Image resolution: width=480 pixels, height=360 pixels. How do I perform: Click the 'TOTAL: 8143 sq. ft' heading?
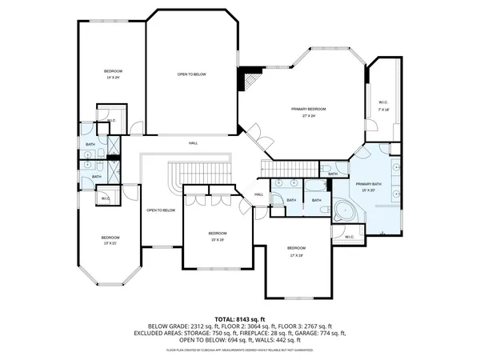coord(239,319)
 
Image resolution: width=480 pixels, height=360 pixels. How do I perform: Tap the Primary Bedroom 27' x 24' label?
coord(309,112)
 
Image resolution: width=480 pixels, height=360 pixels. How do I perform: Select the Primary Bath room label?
coord(369,186)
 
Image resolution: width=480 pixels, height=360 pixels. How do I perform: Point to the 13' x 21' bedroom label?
coord(110,239)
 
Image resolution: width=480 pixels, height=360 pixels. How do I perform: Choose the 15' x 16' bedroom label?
coord(218,236)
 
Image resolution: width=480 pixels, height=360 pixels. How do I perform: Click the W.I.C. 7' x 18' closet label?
coord(383,105)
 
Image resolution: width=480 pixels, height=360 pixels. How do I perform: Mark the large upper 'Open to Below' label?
coord(192,74)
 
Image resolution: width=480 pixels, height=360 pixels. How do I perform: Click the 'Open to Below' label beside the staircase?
coord(161,210)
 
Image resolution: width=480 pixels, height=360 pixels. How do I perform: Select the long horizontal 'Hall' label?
coord(193,143)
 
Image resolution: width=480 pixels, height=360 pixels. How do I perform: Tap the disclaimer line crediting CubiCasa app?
coord(239,350)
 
